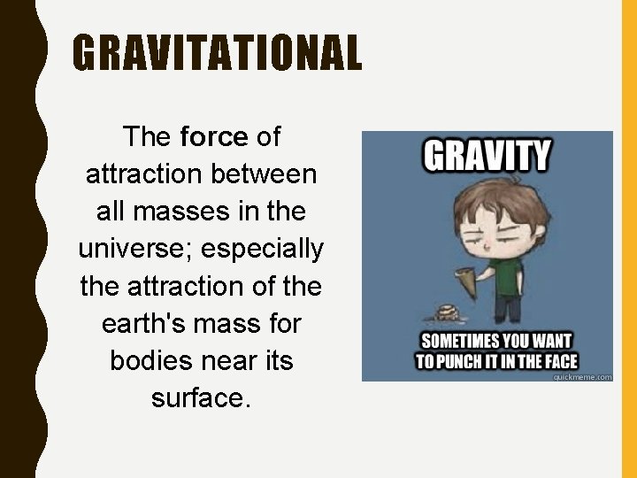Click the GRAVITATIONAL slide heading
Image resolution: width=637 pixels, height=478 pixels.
pyautogui.click(x=217, y=53)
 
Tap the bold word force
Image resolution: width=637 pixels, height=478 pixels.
pyautogui.click(x=214, y=137)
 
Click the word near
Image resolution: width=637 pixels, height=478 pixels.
pyautogui.click(x=234, y=361)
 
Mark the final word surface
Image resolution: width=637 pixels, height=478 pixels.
pyautogui.click(x=201, y=399)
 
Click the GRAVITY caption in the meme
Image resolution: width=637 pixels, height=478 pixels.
pyautogui.click(x=487, y=158)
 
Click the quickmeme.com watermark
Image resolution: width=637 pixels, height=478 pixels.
pyautogui.click(x=582, y=376)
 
